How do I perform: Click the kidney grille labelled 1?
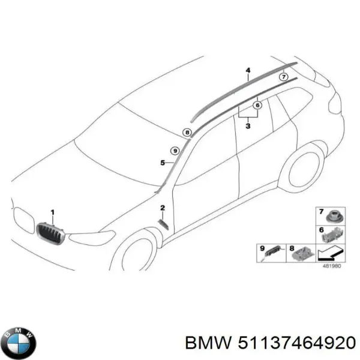point(50,233)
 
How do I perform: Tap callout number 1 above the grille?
point(53,212)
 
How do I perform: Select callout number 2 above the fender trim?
point(163,208)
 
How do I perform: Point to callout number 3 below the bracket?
point(248,126)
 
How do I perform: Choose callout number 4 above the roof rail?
point(248,70)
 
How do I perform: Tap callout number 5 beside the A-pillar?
point(163,163)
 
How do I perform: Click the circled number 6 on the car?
point(257,105)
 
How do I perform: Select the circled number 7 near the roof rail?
point(284,77)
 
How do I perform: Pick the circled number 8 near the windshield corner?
point(187,133)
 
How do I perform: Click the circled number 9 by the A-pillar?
point(175,151)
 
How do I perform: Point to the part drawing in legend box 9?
point(272,253)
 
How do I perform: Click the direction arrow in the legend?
point(330,253)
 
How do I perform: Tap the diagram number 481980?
point(332,266)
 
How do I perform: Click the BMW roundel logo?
point(21,342)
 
